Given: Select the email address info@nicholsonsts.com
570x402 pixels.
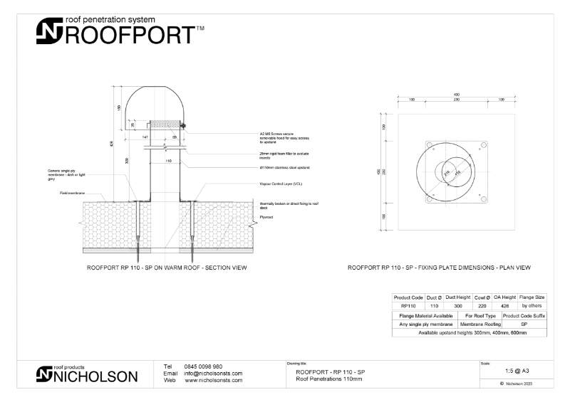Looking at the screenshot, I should click(x=213, y=373).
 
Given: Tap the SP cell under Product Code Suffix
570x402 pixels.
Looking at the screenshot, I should click(x=524, y=323).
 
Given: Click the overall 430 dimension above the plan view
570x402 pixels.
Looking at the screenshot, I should click(x=456, y=95).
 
